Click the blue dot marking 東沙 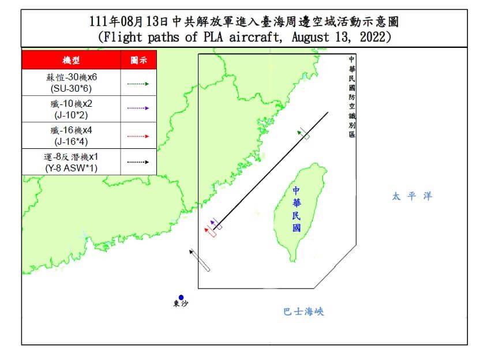tap(181, 298)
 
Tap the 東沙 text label tap(181, 305)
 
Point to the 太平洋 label tap(412, 196)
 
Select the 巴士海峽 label tap(303, 312)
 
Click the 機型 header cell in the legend tap(71, 60)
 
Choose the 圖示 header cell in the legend tap(138, 60)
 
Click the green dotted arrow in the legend tap(138, 84)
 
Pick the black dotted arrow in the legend tap(138, 162)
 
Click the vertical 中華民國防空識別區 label tap(352, 96)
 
